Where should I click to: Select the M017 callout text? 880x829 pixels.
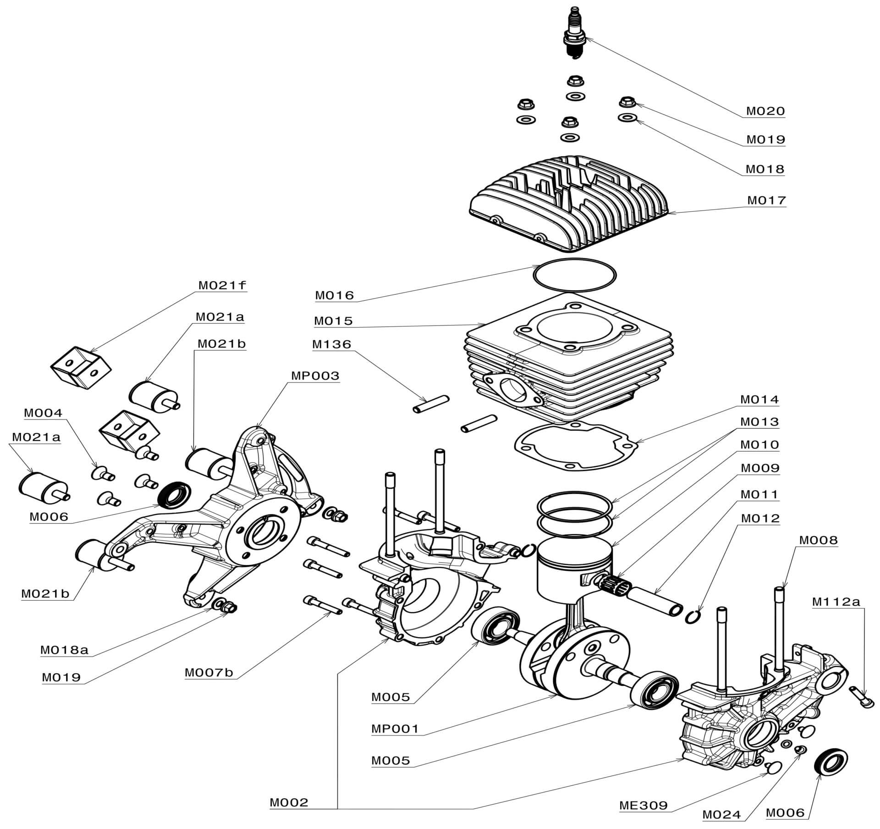[x=766, y=200]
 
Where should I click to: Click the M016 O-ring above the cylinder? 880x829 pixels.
[x=575, y=275]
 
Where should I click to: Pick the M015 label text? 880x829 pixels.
[x=333, y=321]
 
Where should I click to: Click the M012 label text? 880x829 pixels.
[x=760, y=518]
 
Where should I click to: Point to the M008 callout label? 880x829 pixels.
[x=818, y=540]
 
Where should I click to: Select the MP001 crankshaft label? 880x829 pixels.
[x=395, y=729]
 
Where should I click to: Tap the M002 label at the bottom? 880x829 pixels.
[x=289, y=802]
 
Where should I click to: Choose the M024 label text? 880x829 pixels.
[x=721, y=814]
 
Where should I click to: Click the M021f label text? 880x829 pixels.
[x=222, y=285]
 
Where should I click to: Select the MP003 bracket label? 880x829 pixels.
[x=315, y=376]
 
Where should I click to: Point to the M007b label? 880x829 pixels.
[x=209, y=673]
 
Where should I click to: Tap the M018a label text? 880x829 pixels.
[x=64, y=650]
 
